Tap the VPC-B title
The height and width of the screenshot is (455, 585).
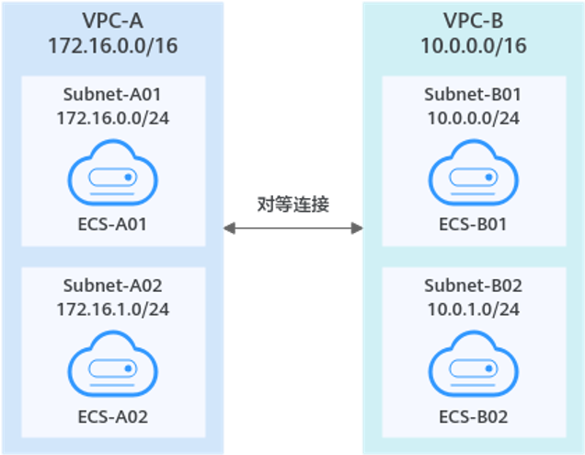pos(473,18)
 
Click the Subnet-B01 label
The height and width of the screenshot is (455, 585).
pos(473,94)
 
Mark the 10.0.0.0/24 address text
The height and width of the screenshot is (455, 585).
pos(473,118)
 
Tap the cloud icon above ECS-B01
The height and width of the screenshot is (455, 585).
pos(473,171)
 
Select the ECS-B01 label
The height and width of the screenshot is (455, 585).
pos(473,223)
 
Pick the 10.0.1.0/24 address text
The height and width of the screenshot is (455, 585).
pos(473,309)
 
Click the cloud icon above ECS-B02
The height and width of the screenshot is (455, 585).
pos(473,365)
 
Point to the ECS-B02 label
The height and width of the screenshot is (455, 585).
pos(473,416)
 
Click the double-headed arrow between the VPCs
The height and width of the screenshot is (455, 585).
pos(293,227)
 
